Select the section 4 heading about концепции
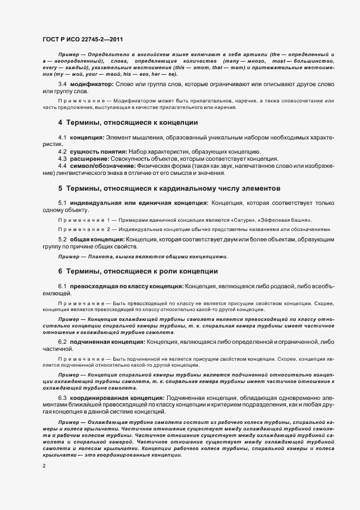(x=127, y=122)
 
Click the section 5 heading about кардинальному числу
(x=169, y=189)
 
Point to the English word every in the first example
(x=48, y=68)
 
